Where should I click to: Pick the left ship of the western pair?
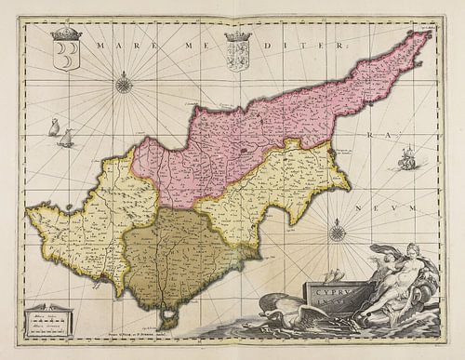click(52, 127)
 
